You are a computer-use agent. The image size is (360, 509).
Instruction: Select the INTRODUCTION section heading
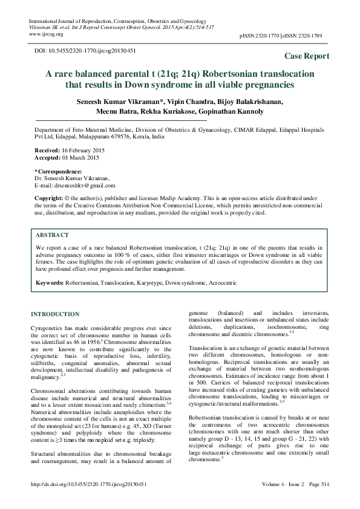click(54, 314)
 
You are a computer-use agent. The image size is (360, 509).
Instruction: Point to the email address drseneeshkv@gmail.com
click(75, 186)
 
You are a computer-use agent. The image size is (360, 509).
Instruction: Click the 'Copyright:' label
click(49, 198)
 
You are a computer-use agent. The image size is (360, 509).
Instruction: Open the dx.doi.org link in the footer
click(91, 501)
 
